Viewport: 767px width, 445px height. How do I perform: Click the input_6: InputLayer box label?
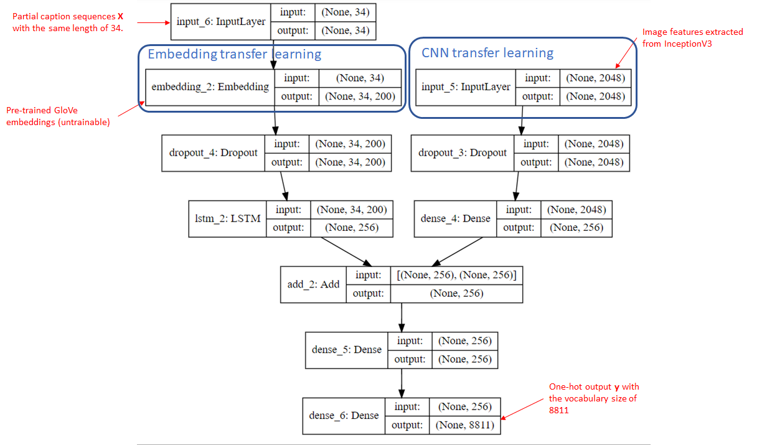[x=221, y=22]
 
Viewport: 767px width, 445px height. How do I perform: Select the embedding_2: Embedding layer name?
[x=210, y=87]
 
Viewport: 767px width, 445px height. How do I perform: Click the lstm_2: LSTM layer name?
[x=227, y=218]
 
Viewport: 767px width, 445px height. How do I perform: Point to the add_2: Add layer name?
[x=313, y=284]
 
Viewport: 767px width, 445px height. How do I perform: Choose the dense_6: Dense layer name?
[x=344, y=415]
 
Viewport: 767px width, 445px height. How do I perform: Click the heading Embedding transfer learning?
[x=234, y=54]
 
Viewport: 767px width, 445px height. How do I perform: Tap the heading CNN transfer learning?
[x=487, y=53]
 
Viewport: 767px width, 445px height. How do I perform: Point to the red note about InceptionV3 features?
[x=692, y=37]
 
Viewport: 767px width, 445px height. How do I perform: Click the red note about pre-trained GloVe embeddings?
[x=58, y=116]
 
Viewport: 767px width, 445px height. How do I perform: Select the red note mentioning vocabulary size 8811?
[x=593, y=398]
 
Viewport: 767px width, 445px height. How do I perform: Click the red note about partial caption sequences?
[x=68, y=22]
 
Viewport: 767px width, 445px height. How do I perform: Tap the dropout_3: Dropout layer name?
[x=463, y=152]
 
